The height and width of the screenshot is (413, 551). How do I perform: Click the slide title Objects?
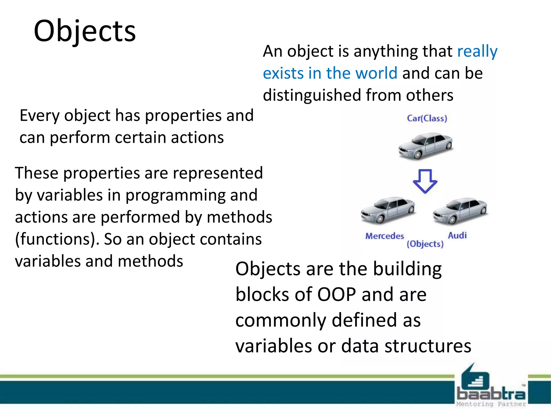coord(85,31)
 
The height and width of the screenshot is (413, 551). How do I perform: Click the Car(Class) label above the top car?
coord(427,118)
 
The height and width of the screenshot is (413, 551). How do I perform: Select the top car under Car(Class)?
coord(425,146)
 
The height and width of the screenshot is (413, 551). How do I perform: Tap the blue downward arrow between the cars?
coord(425,181)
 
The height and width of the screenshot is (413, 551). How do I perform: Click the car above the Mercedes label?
coord(388,210)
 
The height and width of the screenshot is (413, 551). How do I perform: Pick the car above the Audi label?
coord(460,211)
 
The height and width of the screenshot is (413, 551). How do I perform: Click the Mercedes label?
coord(384,236)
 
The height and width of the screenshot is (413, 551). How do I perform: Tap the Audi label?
coord(457,236)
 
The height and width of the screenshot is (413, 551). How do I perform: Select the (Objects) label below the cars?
coord(425,244)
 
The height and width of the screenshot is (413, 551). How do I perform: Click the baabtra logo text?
coord(491,394)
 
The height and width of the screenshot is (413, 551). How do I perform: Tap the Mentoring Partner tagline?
coord(491,404)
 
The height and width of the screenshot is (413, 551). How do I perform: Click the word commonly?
coord(281,320)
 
